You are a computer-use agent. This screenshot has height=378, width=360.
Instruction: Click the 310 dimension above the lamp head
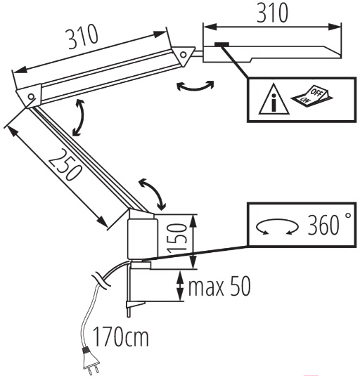pyautogui.click(x=272, y=13)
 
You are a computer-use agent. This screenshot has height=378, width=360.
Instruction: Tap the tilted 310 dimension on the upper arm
pyautogui.click(x=83, y=37)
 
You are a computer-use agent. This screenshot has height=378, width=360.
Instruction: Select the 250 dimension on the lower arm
pyautogui.click(x=65, y=164)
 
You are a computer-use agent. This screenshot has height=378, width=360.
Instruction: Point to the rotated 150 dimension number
pyautogui.click(x=177, y=238)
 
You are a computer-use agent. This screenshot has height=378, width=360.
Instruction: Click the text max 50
pyautogui.click(x=219, y=286)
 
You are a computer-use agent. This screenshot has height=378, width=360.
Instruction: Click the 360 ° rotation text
pyautogui.click(x=329, y=223)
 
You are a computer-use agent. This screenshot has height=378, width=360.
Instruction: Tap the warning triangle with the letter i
pyautogui.click(x=274, y=99)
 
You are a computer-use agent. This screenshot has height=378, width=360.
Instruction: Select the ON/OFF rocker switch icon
pyautogui.click(x=312, y=96)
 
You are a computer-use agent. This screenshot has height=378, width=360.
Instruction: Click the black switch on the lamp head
pyautogui.click(x=221, y=44)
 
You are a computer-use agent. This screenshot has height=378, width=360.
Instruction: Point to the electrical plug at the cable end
pyautogui.click(x=91, y=361)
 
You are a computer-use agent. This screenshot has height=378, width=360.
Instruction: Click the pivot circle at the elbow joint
pyautogui.click(x=31, y=97)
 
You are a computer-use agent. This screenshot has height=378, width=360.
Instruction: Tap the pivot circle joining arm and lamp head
pyautogui.click(x=184, y=55)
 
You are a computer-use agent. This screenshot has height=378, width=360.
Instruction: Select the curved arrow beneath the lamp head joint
pyautogui.click(x=195, y=89)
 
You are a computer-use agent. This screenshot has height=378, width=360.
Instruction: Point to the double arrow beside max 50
pyautogui.click(x=180, y=286)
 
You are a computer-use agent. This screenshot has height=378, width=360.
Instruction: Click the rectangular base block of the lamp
pyautogui.click(x=143, y=239)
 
